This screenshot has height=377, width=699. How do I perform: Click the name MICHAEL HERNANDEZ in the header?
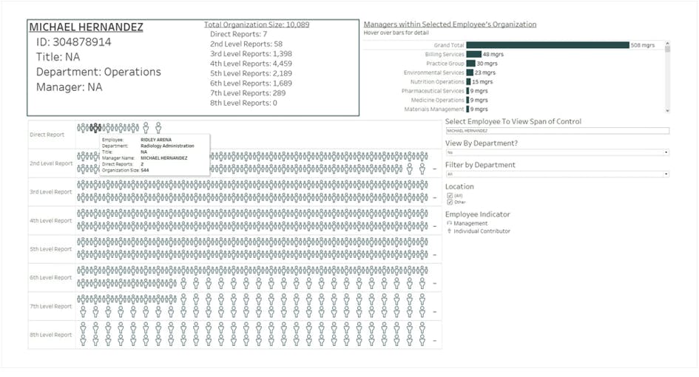click(86, 27)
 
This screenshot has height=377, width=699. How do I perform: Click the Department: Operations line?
click(98, 72)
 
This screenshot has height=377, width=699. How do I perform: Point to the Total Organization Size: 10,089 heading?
click(257, 24)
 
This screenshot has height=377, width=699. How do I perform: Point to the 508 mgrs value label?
click(642, 45)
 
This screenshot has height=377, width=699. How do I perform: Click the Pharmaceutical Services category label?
click(433, 91)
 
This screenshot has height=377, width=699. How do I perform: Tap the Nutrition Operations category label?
click(436, 82)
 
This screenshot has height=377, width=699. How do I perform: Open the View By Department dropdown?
click(556, 152)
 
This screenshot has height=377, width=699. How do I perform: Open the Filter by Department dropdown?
click(556, 174)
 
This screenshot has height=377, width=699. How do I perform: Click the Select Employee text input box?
click(556, 131)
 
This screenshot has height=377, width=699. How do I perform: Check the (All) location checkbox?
click(450, 195)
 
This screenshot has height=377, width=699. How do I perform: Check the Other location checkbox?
click(450, 202)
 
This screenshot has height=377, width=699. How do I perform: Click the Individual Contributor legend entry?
click(481, 231)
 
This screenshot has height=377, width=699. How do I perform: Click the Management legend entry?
click(470, 223)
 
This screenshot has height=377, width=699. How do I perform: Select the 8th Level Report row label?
click(50, 335)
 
